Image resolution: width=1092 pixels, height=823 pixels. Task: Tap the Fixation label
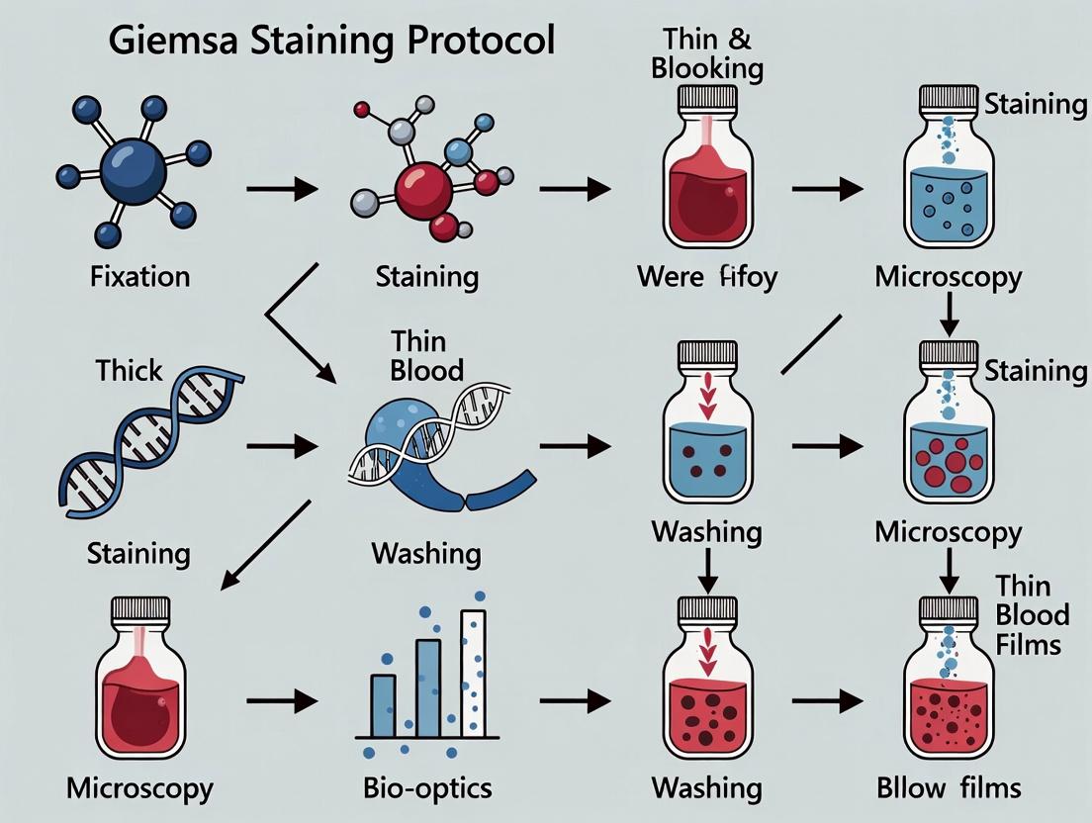click(x=139, y=276)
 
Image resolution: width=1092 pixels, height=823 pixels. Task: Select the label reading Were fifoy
click(x=706, y=276)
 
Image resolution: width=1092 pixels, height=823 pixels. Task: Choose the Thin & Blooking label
click(x=713, y=53)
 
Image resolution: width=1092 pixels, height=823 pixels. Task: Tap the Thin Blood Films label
click(x=1032, y=614)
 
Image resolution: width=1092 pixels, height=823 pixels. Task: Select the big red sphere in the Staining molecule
click(x=422, y=185)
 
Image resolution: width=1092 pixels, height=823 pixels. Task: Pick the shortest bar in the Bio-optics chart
click(x=383, y=705)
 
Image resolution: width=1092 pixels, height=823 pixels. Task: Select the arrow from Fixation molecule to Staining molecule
click(x=282, y=186)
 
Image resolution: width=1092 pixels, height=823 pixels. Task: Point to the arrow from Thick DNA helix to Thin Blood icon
click(x=282, y=447)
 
